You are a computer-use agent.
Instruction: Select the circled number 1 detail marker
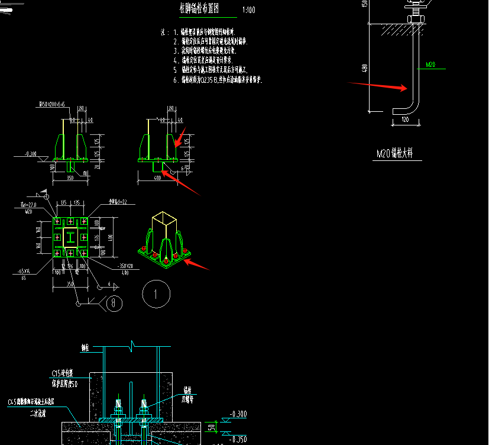pyautogui.click(x=156, y=294)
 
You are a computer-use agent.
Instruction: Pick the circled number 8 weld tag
pyautogui.click(x=114, y=304)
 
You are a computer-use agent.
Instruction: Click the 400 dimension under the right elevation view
pyautogui.click(x=156, y=178)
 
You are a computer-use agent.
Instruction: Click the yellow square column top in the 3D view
pyautogui.click(x=164, y=220)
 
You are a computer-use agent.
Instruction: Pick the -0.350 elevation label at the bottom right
pyautogui.click(x=239, y=438)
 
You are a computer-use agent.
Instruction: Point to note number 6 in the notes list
pyautogui.click(x=176, y=79)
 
